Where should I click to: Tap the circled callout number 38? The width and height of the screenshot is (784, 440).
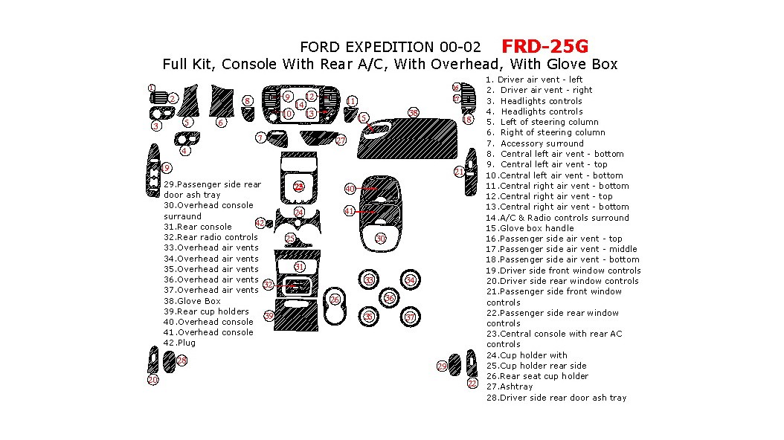coord(414,112)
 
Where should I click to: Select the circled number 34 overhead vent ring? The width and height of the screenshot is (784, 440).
coord(410,279)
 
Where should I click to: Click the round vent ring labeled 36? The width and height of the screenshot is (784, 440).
coord(389,298)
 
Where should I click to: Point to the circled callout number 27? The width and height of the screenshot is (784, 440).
coord(341,140)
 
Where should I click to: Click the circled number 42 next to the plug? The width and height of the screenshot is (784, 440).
coord(260,222)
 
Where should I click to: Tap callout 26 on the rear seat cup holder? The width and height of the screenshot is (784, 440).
coord(335,299)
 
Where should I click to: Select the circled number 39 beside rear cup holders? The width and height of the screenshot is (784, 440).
coord(269,316)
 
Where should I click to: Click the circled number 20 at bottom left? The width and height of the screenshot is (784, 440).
coord(152,380)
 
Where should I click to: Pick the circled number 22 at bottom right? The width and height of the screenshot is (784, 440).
coord(472,384)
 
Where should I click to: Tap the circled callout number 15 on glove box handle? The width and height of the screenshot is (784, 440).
coord(363,118)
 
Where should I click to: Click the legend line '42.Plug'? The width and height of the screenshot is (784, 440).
coord(180,343)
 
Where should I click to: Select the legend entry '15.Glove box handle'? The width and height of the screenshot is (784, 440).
coord(529,228)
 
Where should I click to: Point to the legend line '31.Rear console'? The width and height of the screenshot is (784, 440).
coord(198,227)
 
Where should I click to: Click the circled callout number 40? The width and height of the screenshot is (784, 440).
coord(349,189)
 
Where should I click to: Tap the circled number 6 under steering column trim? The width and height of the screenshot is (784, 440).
coord(221,123)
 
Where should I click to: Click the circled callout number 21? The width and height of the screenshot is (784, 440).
coord(458,172)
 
